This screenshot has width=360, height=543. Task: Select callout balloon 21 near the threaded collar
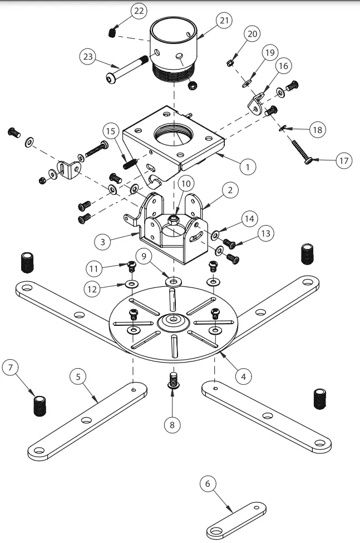click(x=224, y=21)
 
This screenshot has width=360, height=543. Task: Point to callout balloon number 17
click(x=343, y=162)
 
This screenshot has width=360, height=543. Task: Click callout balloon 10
click(x=185, y=184)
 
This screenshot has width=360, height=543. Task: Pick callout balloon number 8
click(x=172, y=424)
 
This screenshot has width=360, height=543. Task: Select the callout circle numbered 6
click(x=208, y=484)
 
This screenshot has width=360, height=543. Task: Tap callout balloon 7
click(x=11, y=368)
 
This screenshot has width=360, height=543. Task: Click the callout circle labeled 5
click(x=79, y=376)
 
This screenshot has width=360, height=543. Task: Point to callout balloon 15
click(x=111, y=132)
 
